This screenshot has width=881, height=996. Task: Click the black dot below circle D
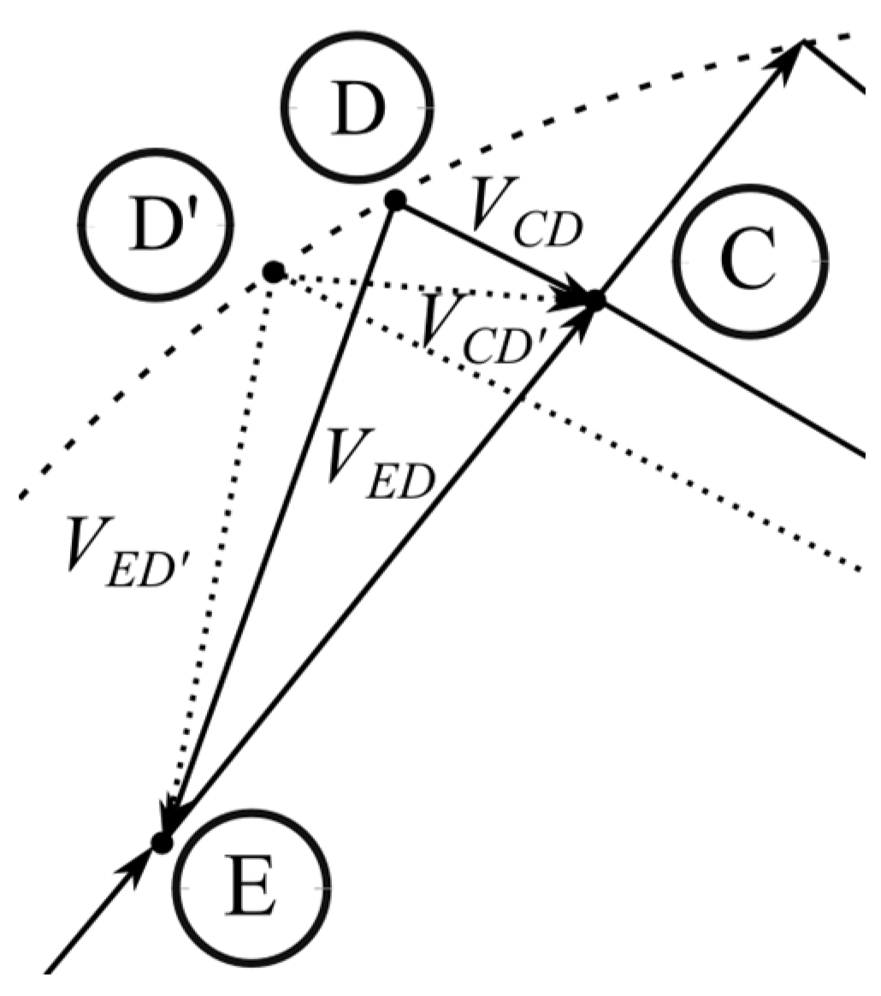click(394, 200)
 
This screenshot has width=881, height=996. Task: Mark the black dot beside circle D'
click(273, 272)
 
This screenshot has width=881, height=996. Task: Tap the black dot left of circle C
click(595, 299)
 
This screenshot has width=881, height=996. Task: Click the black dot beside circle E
click(162, 842)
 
